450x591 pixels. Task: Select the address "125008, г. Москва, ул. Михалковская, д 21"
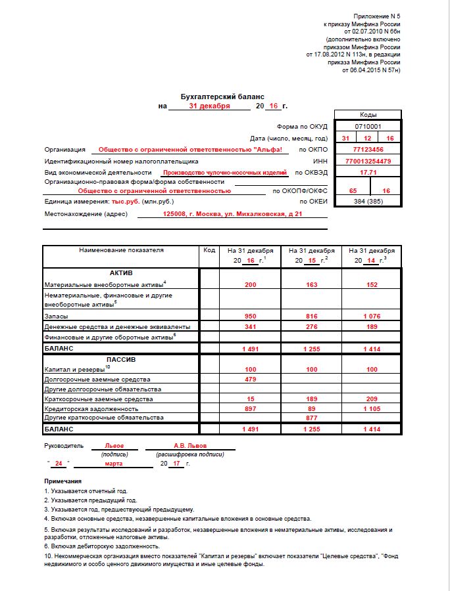pos(232,214)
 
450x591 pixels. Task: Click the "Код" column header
pos(209,250)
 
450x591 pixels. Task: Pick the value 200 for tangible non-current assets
pos(250,285)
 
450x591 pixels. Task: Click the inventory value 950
pos(250,316)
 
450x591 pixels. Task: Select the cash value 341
pos(250,326)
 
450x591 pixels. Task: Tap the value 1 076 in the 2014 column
pos(372,316)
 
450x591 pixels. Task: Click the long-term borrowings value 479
pos(250,380)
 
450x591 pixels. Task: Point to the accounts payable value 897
pos(250,408)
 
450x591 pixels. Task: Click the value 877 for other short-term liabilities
pos(311,418)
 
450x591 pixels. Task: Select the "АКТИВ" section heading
pos(121,273)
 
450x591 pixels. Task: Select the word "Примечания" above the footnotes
pos(63,481)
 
